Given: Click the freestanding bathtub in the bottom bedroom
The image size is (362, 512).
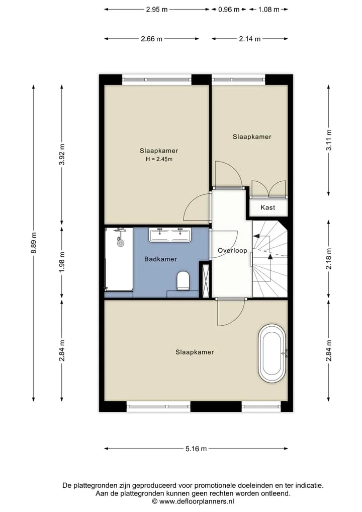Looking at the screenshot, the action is click(x=272, y=353).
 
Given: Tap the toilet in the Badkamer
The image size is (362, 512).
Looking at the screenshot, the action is click(x=183, y=280).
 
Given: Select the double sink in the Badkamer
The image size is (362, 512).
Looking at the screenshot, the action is click(x=170, y=235).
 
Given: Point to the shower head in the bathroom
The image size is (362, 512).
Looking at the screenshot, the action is click(x=121, y=243).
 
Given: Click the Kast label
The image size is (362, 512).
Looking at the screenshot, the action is click(x=268, y=207).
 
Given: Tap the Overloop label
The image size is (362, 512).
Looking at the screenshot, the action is click(x=232, y=250).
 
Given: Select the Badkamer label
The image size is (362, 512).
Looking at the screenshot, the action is click(x=160, y=259).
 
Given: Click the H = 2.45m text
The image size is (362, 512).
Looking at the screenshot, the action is click(x=159, y=160).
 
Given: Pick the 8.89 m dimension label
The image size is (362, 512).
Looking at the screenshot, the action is click(x=33, y=243).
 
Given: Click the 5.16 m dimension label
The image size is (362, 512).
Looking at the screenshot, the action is click(x=196, y=449).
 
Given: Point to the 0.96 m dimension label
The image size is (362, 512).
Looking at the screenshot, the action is click(x=229, y=10).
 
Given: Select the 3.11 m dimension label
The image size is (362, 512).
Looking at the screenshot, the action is click(x=329, y=140).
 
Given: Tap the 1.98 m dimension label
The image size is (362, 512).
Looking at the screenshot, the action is click(x=62, y=262).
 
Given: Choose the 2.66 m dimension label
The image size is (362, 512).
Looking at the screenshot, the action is click(x=151, y=39).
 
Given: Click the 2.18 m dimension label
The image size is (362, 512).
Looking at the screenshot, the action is click(x=329, y=259).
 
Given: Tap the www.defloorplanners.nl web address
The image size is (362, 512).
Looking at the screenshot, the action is click(x=196, y=501).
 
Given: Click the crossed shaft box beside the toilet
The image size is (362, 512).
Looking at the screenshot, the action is click(x=206, y=280).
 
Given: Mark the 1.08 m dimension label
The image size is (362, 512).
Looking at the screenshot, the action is click(x=268, y=10).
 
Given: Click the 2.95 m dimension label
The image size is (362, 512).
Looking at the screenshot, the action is click(x=156, y=10).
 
